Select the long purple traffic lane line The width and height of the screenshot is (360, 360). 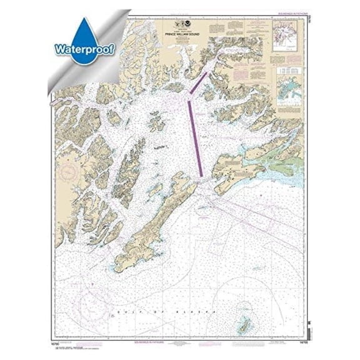[195, 137]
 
